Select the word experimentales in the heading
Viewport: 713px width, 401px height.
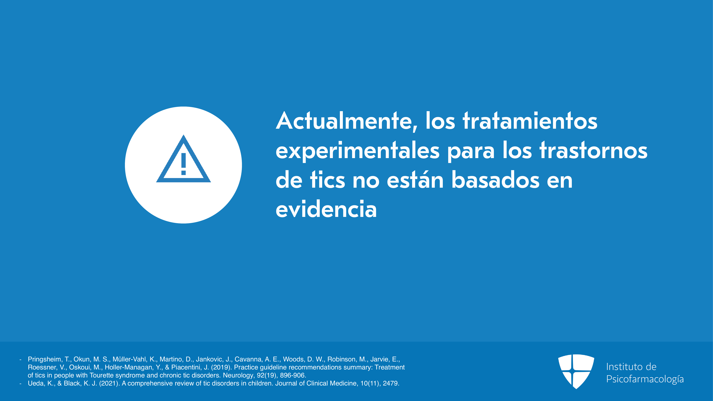click(358, 151)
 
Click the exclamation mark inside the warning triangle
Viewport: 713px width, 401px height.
click(184, 164)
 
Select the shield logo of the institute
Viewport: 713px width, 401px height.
click(576, 371)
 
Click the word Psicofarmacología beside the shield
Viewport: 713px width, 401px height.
click(645, 379)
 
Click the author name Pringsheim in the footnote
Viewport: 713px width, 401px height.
click(45, 359)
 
